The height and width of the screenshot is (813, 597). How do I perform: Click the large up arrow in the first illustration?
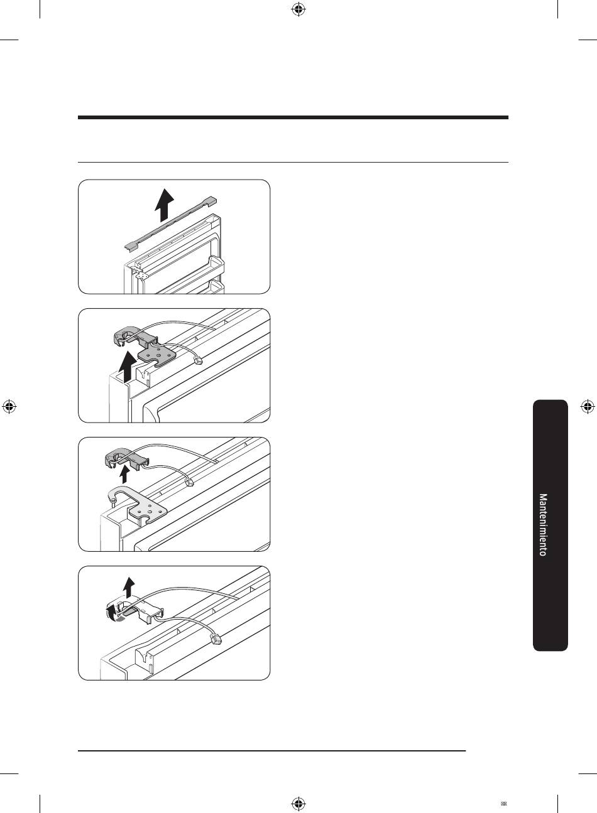click(164, 205)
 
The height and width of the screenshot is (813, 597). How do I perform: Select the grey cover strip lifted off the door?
click(170, 223)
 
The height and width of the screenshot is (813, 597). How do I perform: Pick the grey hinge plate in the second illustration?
click(157, 353)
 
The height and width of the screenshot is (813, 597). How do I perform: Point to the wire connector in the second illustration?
click(198, 360)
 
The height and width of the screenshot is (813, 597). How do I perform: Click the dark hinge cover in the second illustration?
click(135, 337)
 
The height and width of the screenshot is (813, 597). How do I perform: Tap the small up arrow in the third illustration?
click(124, 475)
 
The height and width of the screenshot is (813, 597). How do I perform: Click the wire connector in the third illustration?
click(189, 483)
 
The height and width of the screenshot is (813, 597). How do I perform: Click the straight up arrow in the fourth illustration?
click(129, 587)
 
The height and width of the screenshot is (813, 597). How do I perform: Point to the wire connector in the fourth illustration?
click(216, 640)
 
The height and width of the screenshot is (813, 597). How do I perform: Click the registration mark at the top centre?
click(298, 10)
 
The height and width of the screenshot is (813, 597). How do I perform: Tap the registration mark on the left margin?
click(9, 407)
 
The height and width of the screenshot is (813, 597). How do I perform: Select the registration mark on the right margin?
click(588, 407)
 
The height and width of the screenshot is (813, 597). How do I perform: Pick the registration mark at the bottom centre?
click(298, 803)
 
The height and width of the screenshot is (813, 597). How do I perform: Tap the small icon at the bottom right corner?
click(503, 804)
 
